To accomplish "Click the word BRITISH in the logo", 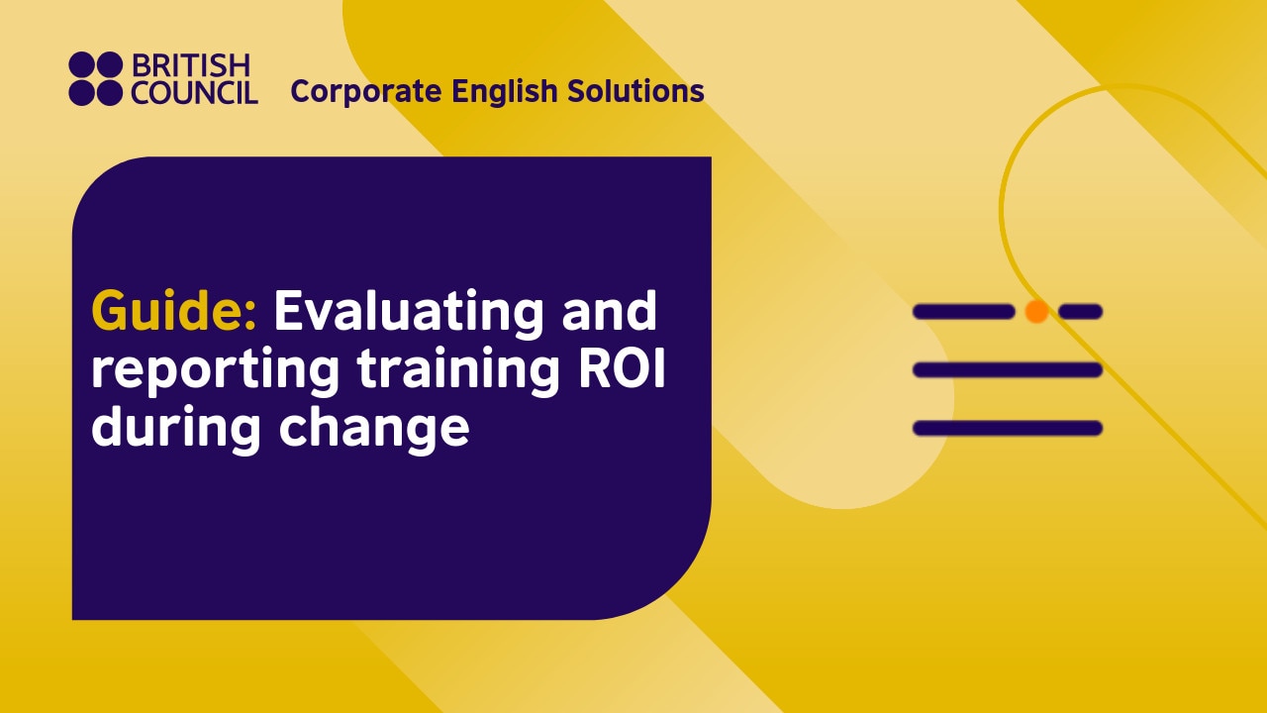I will (191, 66).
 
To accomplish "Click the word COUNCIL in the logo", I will (195, 93).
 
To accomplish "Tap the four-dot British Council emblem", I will (95, 79).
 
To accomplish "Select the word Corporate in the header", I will (366, 92).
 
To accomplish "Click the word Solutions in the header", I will (636, 91).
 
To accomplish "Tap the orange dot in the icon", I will (1036, 312).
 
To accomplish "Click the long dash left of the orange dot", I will (963, 312).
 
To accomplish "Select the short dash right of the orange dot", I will (1080, 312).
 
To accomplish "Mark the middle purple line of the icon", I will (1007, 370).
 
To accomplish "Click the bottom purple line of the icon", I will (1007, 429).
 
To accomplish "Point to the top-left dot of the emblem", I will (82, 66).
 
